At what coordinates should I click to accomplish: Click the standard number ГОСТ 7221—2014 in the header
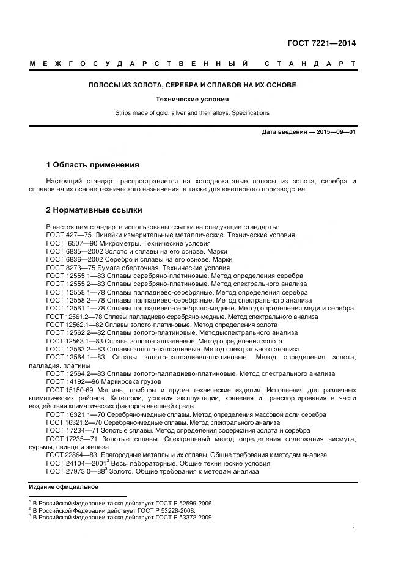click(321, 43)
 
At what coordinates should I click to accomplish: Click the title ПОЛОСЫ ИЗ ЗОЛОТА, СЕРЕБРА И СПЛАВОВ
click(192, 85)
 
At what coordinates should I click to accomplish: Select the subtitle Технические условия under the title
click(192, 99)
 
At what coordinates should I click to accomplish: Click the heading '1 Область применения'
click(92, 165)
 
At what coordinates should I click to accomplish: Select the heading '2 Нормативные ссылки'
click(94, 210)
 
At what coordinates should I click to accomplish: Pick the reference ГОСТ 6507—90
click(68, 243)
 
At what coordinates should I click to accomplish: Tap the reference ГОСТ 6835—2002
click(72, 251)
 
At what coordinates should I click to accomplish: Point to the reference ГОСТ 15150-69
click(70, 389)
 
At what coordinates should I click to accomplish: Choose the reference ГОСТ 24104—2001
click(73, 463)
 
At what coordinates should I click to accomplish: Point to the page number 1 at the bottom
click(354, 529)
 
